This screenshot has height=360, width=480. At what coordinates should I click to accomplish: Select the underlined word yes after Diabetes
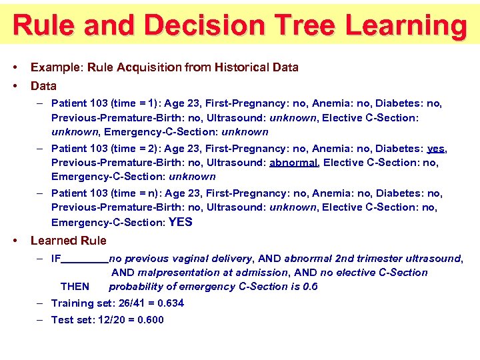point(436,149)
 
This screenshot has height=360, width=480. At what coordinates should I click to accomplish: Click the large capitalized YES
point(181,222)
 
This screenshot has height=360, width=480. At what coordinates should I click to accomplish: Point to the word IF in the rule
point(56,259)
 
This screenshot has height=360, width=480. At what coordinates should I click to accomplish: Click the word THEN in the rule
point(75,287)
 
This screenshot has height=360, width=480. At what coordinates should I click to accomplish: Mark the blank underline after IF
point(85,261)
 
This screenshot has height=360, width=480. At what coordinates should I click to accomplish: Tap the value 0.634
point(169,303)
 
